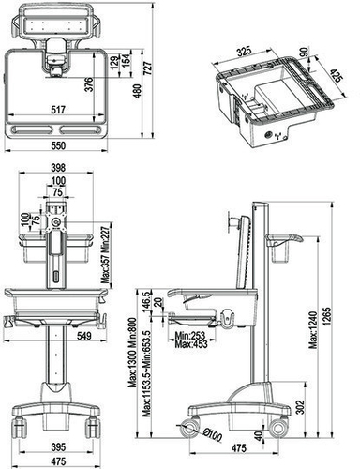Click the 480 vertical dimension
pos(139,89)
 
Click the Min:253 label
pos(191,333)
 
